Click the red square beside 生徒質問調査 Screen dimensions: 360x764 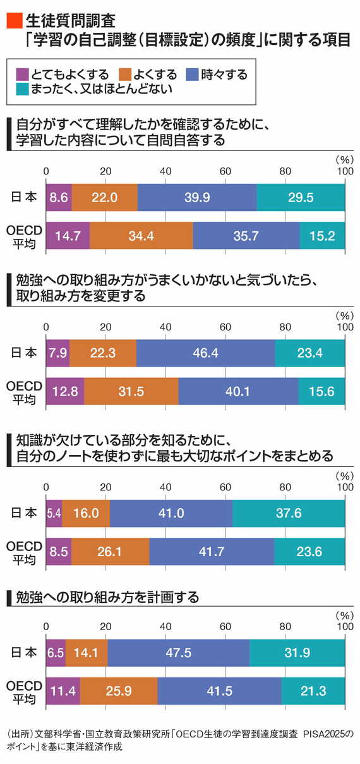coord(15,20)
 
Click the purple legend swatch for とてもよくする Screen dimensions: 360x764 coord(23,75)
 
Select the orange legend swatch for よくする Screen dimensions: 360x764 coord(125,75)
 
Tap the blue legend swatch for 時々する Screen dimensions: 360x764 coord(192,75)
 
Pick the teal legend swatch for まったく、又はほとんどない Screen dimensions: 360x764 coord(23,89)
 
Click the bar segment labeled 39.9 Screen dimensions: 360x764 coord(197,198)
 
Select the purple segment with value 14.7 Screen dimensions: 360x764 coord(68,236)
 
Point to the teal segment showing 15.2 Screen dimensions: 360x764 coord(322,236)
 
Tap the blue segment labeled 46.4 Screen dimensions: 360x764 coord(205,353)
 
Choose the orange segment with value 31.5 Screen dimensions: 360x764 coord(131,391)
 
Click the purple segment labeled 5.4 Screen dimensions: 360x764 coord(54,513)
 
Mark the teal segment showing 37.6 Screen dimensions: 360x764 coord(289,513)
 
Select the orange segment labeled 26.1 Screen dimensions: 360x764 coord(111,552)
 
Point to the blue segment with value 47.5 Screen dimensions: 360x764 coord(179,653)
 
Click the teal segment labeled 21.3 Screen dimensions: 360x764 coord(313,691)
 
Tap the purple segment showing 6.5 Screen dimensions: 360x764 coord(56,653)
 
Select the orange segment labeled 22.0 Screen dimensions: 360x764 coord(105,198)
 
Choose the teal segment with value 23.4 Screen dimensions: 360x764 coord(310,353)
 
